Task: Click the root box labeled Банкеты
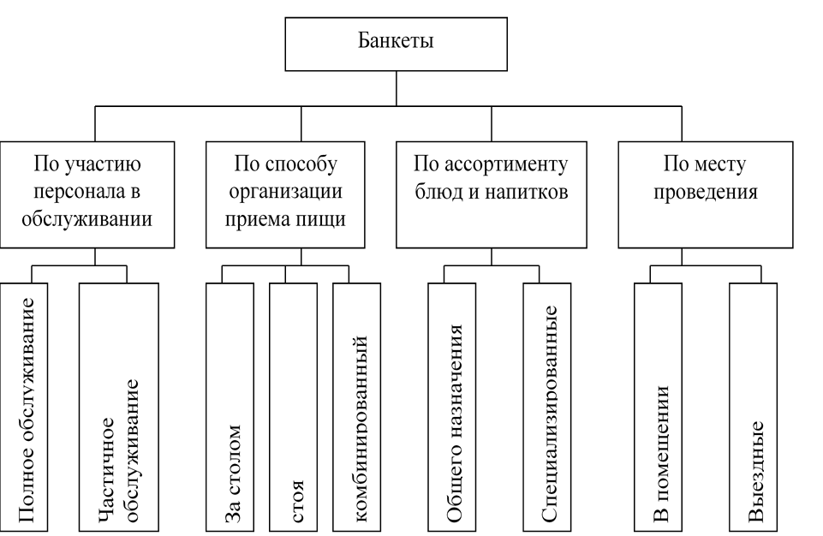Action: coord(396,44)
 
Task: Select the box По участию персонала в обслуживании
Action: coord(87,194)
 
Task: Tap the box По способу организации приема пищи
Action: coord(285,194)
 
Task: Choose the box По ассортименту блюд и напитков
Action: coord(492,194)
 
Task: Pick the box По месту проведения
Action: coord(706,194)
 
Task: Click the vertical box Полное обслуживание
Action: coord(24,408)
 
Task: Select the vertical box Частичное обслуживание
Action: coord(119,408)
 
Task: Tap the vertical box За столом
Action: coord(230,408)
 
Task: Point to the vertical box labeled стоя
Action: coord(294,408)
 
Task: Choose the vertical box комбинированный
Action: coord(357,408)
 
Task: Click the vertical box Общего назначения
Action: coord(452,408)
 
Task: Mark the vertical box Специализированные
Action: coord(547,408)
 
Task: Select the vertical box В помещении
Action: coord(659,408)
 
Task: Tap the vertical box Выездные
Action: coord(753,408)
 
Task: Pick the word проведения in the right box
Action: coord(706,193)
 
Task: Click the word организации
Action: coord(285,192)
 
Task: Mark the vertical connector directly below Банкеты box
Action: coord(397,89)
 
